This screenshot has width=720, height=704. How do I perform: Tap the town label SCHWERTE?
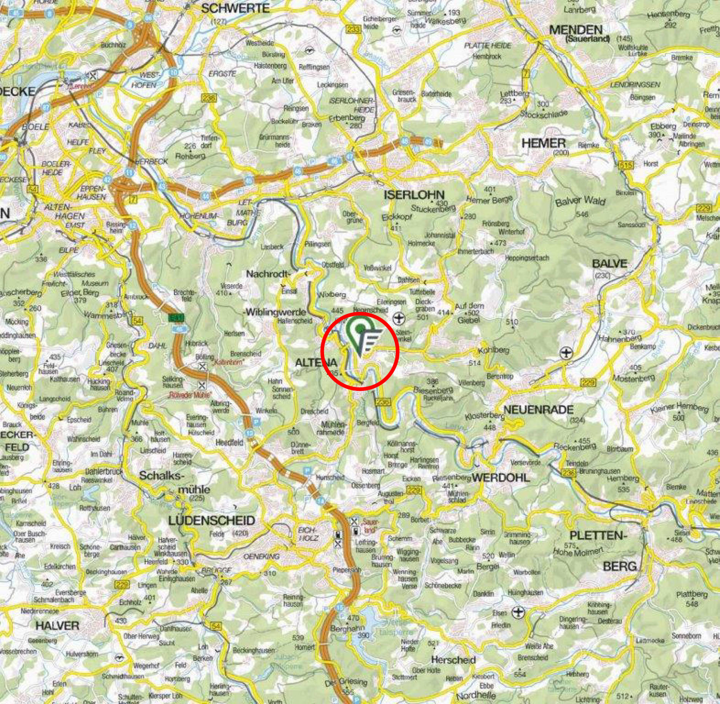click(x=235, y=8)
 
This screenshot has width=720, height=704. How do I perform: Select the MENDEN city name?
click(x=576, y=30)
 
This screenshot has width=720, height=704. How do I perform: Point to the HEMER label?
click(x=543, y=143)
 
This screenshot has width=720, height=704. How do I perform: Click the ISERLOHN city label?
click(x=414, y=195)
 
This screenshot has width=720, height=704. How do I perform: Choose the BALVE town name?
click(x=609, y=264)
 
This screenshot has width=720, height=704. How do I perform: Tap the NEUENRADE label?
click(x=538, y=410)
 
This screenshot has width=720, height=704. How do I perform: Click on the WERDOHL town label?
click(x=501, y=477)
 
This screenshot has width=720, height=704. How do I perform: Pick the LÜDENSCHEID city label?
click(x=211, y=521)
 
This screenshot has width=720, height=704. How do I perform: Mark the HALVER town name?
click(x=58, y=626)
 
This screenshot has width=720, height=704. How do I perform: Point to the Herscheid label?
click(x=453, y=660)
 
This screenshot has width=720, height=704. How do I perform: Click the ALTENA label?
click(x=316, y=362)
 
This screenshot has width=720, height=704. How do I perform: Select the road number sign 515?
click(x=626, y=165)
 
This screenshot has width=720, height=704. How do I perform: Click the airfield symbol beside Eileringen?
click(x=399, y=317)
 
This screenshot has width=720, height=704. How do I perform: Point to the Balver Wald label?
click(x=579, y=201)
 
